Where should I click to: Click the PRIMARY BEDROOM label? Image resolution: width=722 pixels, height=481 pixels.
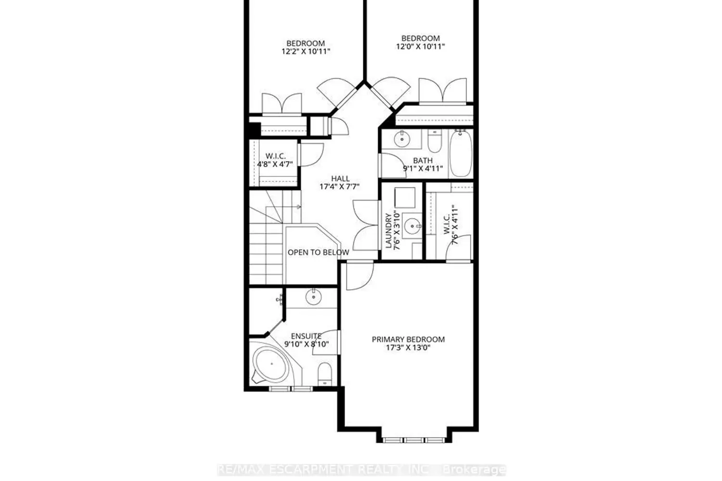pyautogui.click(x=408, y=340)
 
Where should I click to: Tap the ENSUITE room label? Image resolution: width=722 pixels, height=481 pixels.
pyautogui.click(x=306, y=336)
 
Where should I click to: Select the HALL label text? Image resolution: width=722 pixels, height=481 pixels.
pyautogui.click(x=340, y=178)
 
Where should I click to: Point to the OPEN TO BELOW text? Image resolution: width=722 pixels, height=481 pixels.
pyautogui.click(x=318, y=252)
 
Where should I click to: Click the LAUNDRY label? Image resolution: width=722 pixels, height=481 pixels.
pyautogui.click(x=389, y=231)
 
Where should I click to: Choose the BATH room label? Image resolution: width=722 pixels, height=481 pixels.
pyautogui.click(x=423, y=160)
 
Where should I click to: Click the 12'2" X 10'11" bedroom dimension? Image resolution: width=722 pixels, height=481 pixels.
pyautogui.click(x=306, y=51)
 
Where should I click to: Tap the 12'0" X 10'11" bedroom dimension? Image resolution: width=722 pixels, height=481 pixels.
pyautogui.click(x=420, y=46)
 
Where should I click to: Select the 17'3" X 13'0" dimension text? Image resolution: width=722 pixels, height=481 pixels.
pyautogui.click(x=408, y=348)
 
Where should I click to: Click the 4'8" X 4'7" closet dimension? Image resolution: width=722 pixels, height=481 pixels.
pyautogui.click(x=275, y=165)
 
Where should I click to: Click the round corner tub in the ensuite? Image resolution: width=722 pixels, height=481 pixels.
pyautogui.click(x=271, y=366)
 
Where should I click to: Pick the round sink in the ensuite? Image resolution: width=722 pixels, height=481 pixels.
pyautogui.click(x=313, y=297)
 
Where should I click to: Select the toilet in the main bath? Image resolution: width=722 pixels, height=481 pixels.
pyautogui.click(x=435, y=141)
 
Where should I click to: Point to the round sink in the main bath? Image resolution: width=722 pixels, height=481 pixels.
pyautogui.click(x=402, y=139)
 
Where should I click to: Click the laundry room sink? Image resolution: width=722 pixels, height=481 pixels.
pyautogui.click(x=413, y=226)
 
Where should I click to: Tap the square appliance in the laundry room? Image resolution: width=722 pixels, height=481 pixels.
pyautogui.click(x=405, y=198)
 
